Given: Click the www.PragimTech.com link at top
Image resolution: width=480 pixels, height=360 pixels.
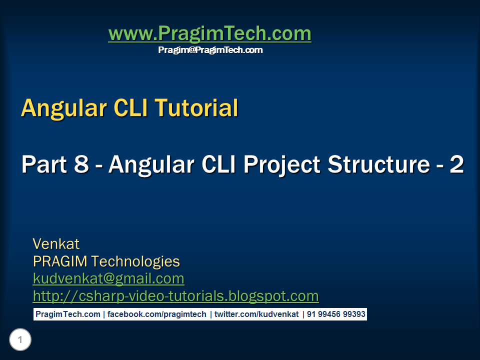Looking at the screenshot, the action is [x=209, y=33].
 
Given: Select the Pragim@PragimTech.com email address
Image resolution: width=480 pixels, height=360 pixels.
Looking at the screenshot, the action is [x=210, y=50].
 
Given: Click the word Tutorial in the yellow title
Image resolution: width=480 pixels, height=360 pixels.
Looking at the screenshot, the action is [x=196, y=108].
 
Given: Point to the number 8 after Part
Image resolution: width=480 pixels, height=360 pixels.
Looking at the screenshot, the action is [x=81, y=164].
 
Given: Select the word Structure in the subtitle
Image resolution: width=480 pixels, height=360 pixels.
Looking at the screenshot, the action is [x=379, y=164].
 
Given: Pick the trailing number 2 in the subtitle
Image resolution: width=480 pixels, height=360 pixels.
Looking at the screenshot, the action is [x=456, y=164].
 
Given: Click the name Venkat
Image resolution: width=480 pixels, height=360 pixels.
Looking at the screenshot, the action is [x=56, y=244].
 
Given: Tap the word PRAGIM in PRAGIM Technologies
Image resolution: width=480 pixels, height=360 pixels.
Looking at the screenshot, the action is [x=60, y=261].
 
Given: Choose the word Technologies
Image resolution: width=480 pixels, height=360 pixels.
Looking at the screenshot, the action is [x=135, y=262].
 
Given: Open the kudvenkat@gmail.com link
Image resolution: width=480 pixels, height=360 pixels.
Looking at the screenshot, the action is [x=108, y=279].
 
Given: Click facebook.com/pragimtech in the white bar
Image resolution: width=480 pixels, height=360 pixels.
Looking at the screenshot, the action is [x=156, y=314].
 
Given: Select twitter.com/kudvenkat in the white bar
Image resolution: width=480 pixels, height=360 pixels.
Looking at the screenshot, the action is [x=256, y=314].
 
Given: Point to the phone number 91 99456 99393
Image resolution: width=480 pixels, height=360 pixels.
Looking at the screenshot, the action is [x=336, y=314].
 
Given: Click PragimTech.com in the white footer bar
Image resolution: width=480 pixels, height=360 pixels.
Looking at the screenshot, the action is [x=68, y=314].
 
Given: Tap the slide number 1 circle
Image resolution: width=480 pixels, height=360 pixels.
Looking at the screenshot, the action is [x=20, y=339].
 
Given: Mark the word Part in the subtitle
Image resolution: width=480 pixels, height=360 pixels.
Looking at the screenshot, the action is [x=44, y=164].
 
